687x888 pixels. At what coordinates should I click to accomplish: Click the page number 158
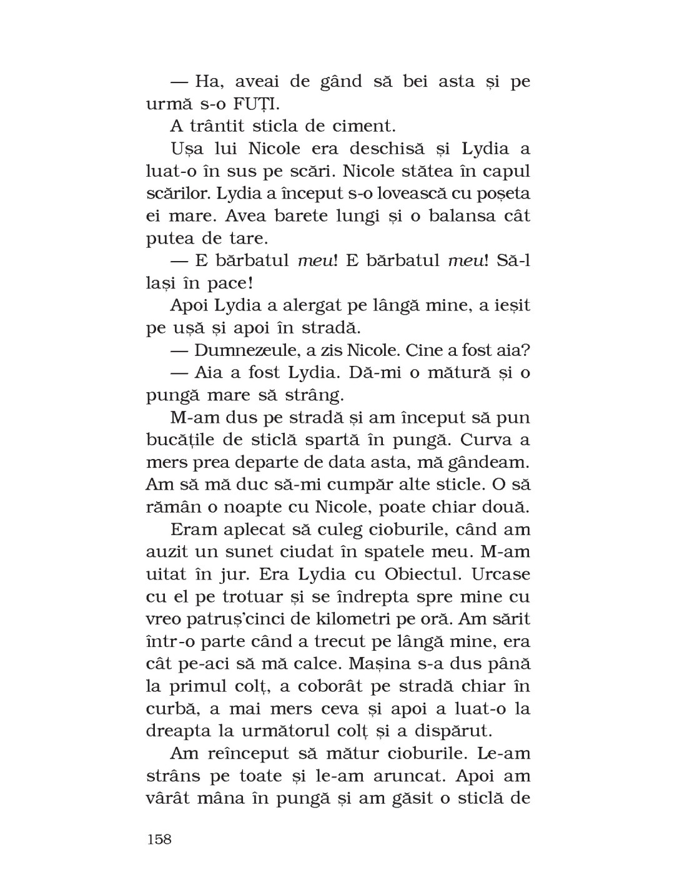tap(159, 839)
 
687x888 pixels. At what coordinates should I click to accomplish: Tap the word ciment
tap(366, 126)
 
